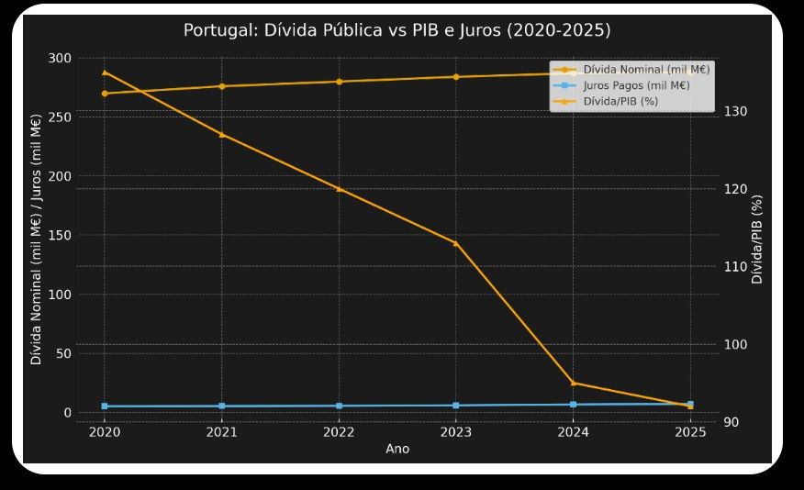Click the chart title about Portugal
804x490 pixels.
coord(396,30)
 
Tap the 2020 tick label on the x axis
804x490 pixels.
coord(104,431)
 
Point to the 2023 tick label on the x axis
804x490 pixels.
coord(456,431)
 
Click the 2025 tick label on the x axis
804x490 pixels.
coord(690,431)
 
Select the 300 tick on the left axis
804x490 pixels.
coord(60,58)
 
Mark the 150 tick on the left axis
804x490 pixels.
coord(60,235)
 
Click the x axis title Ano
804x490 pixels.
coord(397,449)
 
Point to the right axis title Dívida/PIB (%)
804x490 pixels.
coord(757,239)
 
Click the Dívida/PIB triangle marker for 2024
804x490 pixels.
coord(574,383)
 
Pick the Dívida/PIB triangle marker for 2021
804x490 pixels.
coord(221,134)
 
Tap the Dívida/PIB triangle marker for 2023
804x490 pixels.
coord(456,243)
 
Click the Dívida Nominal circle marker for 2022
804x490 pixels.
coord(339,82)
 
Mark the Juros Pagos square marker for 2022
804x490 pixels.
coord(339,406)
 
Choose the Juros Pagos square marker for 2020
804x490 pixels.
coord(105,406)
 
